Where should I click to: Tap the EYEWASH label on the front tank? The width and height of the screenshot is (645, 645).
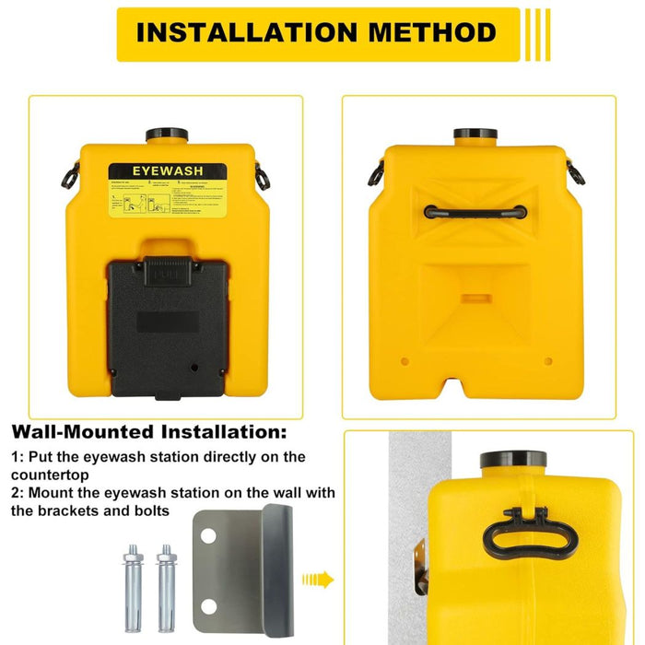click(168, 172)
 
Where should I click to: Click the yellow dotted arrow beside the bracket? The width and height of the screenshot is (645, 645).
click(318, 580)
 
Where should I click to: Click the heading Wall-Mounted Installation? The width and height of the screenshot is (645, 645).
click(148, 431)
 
